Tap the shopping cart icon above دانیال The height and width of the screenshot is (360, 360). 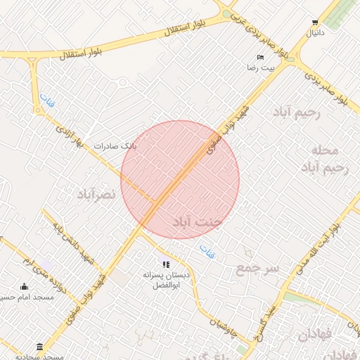pos(314,22)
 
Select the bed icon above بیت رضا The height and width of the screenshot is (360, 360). pos(261,58)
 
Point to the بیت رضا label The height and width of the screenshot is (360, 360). pos(267,68)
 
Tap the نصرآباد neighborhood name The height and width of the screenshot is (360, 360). pos(96,193)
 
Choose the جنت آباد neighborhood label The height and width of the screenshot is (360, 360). pos(198,222)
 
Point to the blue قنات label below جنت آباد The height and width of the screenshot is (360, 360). pos(207,249)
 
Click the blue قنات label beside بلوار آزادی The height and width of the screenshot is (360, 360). pos(46,101)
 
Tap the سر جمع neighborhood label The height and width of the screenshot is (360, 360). pos(257,268)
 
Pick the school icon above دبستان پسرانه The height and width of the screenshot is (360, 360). pos(166,264)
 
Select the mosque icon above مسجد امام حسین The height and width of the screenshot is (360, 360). pos(25,287)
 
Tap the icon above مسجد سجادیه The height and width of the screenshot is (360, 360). pos(39,347)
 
